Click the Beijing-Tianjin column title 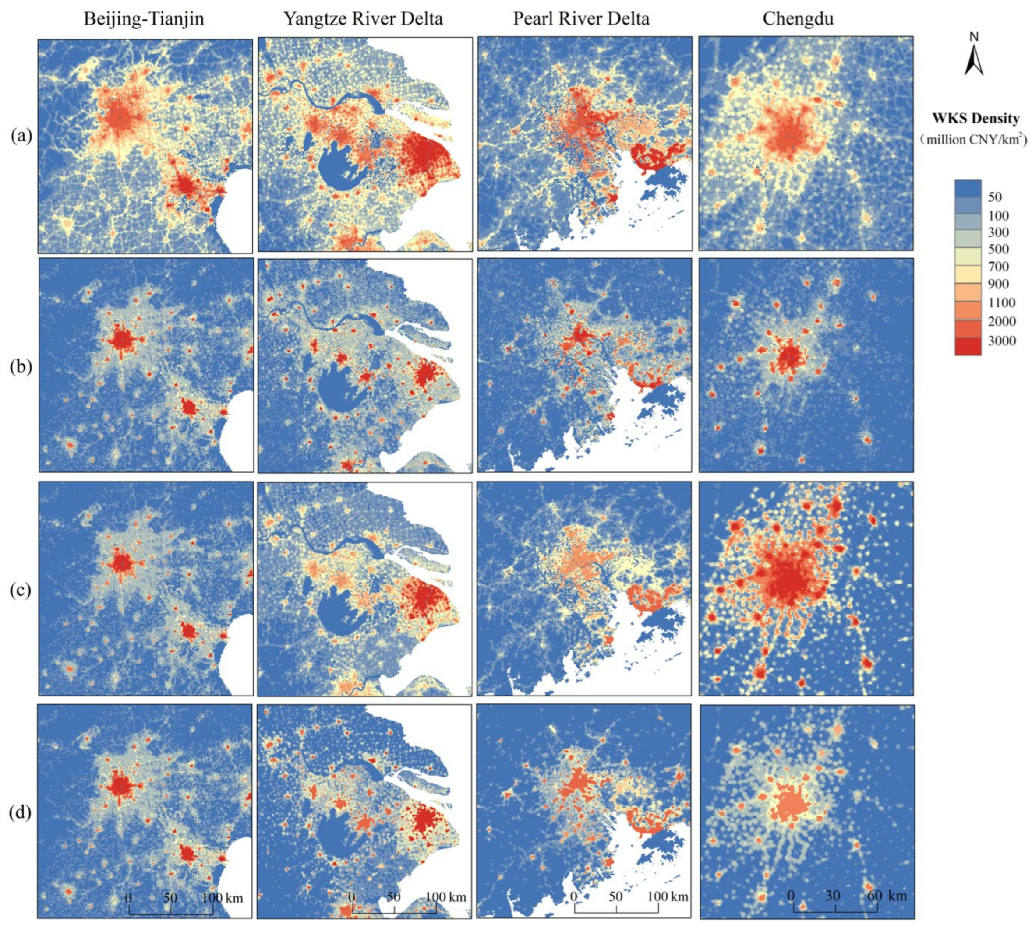pyautogui.click(x=144, y=19)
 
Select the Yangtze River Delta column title pyautogui.click(x=363, y=19)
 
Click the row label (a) pyautogui.click(x=21, y=136)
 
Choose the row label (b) pyautogui.click(x=21, y=367)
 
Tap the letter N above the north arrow pyautogui.click(x=974, y=37)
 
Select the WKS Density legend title pyautogui.click(x=975, y=119)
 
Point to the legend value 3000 pyautogui.click(x=1001, y=341)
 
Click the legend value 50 pyautogui.click(x=995, y=197)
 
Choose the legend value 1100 pyautogui.click(x=1001, y=303)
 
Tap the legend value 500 pyautogui.click(x=998, y=250)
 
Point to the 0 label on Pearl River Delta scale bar pyautogui.click(x=574, y=896)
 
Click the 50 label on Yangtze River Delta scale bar pyautogui.click(x=393, y=897)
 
